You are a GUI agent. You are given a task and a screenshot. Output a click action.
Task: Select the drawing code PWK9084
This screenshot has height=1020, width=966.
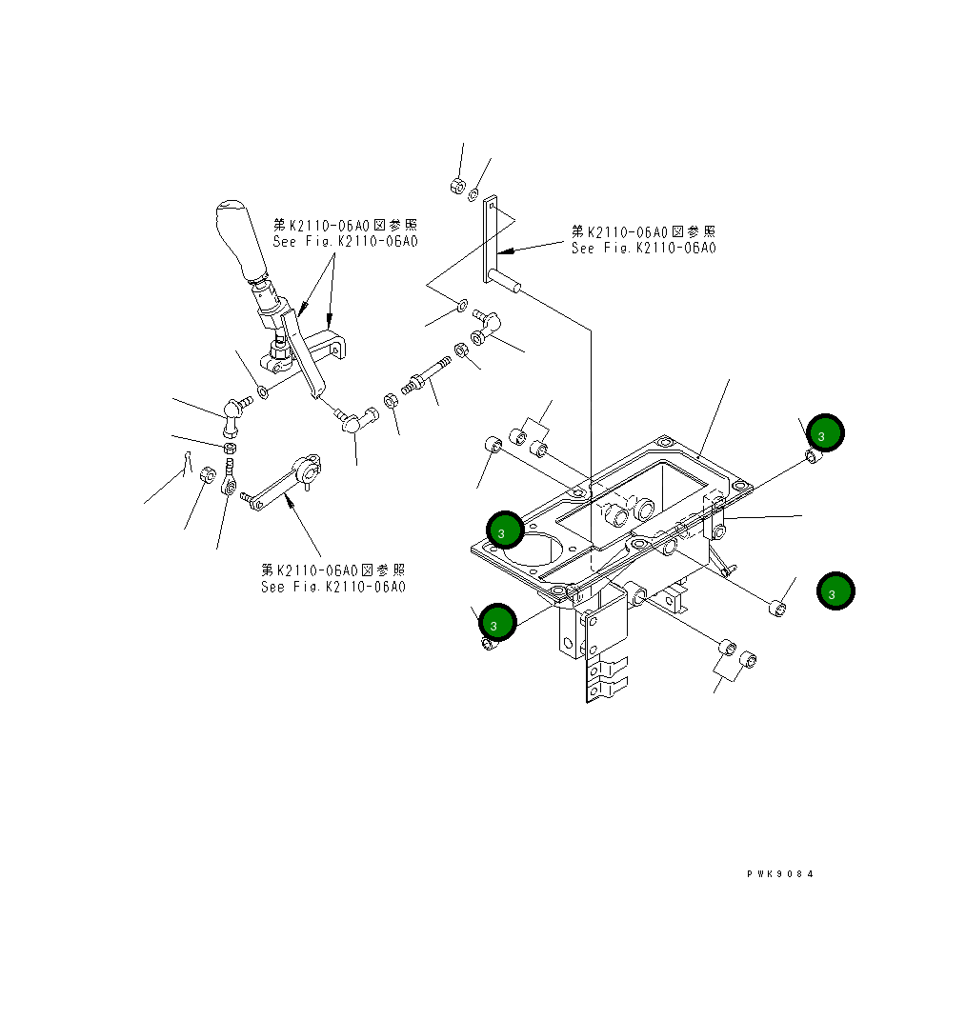coord(780,874)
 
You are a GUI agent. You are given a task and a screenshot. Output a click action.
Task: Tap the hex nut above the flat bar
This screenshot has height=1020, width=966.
coord(456,185)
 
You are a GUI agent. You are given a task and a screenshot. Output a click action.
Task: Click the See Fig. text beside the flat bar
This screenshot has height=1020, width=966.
coord(643,240)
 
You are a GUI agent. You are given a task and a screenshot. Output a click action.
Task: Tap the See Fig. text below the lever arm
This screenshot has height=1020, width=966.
coord(333,578)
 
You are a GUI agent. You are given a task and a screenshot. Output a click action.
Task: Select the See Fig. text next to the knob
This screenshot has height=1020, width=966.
coord(345,233)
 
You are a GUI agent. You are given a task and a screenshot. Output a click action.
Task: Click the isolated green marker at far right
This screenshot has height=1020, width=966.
coord(835,590)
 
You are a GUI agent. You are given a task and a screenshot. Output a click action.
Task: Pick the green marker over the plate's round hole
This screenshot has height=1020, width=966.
coord(505,530)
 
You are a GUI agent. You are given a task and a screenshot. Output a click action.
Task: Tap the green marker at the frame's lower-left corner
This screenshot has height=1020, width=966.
coord(497,622)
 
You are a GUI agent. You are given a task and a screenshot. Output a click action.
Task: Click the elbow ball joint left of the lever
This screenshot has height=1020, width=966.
coord(233,410)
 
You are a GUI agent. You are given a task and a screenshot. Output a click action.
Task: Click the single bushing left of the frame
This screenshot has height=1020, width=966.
coord(493,446)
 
